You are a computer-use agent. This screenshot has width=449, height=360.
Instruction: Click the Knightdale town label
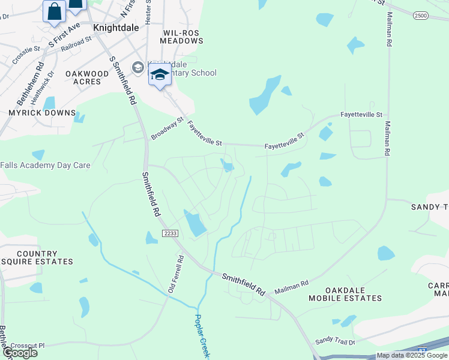tap(116, 28)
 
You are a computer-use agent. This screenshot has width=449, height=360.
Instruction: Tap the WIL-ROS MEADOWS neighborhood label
tap(182, 37)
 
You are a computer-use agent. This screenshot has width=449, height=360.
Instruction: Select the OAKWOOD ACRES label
tap(87, 78)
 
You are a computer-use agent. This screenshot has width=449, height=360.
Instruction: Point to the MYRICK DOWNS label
tap(42, 113)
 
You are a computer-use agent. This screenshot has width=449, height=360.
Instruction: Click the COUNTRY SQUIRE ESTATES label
tap(37, 258)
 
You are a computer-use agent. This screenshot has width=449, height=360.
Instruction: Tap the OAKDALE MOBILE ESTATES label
tap(345, 294)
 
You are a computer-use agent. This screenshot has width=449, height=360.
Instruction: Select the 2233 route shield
tap(170, 233)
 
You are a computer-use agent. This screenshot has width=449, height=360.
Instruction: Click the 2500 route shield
tap(421, 16)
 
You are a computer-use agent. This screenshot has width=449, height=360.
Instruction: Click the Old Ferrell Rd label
tap(175, 273)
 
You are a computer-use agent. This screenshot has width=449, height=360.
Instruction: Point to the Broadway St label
tap(167, 128)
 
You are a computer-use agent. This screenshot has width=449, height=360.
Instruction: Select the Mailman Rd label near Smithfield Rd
tap(291, 287)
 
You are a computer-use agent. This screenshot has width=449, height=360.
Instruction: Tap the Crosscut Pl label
tap(28, 346)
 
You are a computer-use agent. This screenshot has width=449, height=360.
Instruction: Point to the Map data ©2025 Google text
tap(412, 356)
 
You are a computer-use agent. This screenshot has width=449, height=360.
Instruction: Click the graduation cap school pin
tap(160, 76)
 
